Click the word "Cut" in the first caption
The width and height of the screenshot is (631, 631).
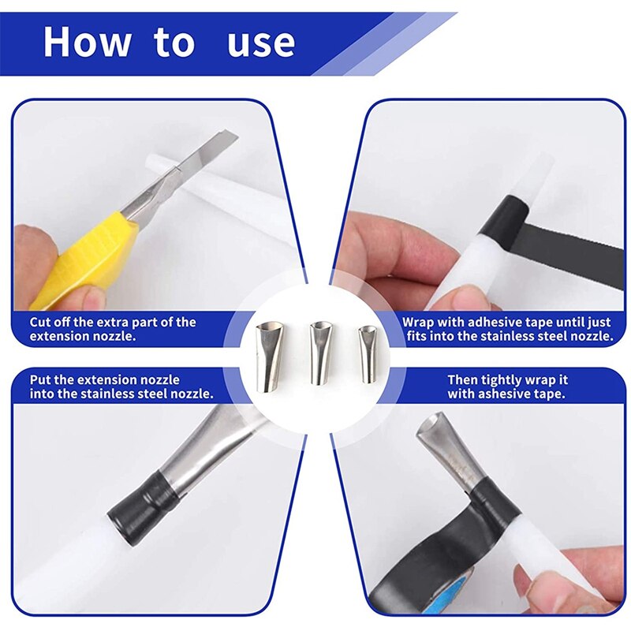[x=42, y=323]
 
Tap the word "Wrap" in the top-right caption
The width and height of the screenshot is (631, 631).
[x=420, y=323]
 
